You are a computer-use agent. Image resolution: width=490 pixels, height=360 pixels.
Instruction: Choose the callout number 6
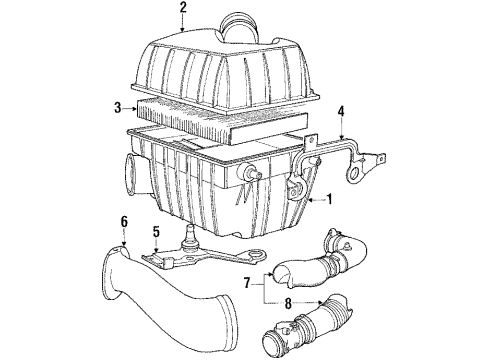[124, 221]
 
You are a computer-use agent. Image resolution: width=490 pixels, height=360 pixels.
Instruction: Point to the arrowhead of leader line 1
[309, 200]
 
